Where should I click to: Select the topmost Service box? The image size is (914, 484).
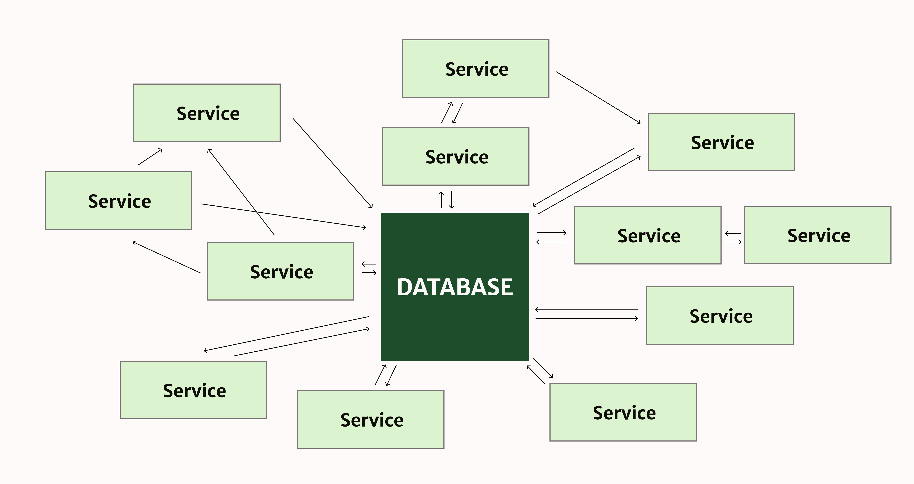coord(475,69)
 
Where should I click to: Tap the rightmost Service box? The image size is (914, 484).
coord(817,235)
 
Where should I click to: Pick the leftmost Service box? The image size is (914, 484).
coord(118,200)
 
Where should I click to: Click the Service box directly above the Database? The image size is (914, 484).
coord(456,157)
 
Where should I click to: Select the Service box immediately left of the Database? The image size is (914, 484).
coord(280,271)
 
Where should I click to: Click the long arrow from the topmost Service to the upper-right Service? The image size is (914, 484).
coord(598,98)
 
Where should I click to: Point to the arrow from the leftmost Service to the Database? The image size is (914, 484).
coord(283,215)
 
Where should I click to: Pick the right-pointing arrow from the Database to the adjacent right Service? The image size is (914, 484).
coord(551,233)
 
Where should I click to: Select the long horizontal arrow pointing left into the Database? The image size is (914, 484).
coord(586,310)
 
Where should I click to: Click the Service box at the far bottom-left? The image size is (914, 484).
coord(193,390)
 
